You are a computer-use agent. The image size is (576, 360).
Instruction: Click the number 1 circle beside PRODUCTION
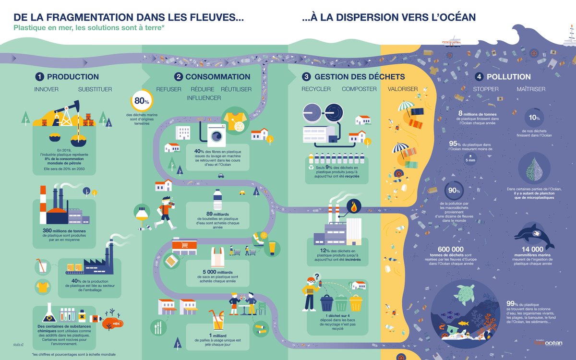pos(39,77)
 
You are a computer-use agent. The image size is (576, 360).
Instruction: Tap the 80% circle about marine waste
pos(140,101)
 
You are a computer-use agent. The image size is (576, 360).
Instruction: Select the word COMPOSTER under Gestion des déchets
pos(359,89)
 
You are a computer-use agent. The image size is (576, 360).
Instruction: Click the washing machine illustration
pos(216,134)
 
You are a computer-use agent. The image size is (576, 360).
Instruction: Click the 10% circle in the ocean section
pos(534,118)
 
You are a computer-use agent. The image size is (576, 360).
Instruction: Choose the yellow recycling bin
pos(356,302)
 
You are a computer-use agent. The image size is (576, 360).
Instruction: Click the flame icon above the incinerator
pos(354,207)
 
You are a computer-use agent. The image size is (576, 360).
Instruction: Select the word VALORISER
pos(403,89)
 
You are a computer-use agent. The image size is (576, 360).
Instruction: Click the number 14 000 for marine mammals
pos(533,249)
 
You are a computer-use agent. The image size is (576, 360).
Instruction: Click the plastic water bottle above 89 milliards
pos(217,199)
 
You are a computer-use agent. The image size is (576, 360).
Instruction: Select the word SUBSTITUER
pos(95,89)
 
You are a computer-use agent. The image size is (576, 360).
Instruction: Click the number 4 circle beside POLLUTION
pos(479,77)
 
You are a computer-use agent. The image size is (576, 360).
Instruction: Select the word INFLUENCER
pos(204,98)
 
